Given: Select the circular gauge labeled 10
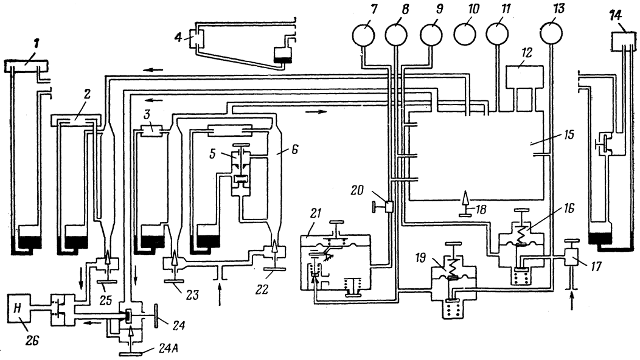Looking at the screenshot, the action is coord(465,34).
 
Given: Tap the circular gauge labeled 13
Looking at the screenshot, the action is coord(551,33).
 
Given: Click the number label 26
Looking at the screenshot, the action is coord(32,341).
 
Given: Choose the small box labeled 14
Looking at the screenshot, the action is coord(623,40).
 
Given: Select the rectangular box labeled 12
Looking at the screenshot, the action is coord(524,77).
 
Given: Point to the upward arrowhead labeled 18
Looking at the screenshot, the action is coord(464,199).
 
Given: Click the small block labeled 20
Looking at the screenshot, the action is coord(388,207).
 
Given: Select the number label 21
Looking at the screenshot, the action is coord(316,213).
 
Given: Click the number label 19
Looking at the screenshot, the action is coord(421,258).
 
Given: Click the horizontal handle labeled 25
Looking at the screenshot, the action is coord(107,281).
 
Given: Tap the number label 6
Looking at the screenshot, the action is coord(294,150).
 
